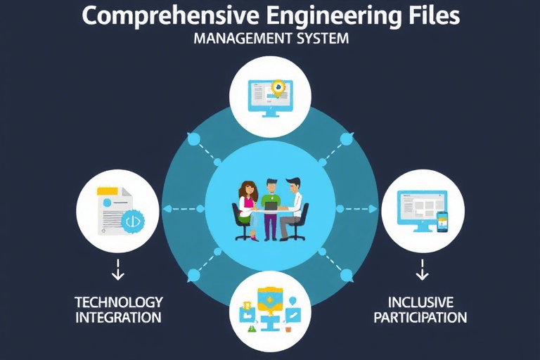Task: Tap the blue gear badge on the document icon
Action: click(133, 221)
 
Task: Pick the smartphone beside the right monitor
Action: click(442, 221)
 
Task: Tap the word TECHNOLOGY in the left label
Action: click(118, 302)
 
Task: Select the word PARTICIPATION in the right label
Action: click(420, 318)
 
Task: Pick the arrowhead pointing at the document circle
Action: click(166, 209)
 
